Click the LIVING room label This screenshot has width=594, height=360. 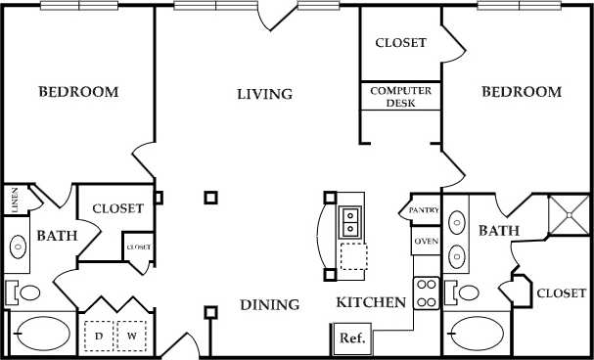coord(265,95)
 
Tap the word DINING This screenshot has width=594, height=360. coord(269,305)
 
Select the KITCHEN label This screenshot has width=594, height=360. coord(371,303)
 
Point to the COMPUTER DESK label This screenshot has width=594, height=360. coord(401,96)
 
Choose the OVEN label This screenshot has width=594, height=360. coord(425,241)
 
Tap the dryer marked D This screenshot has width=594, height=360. coord(99,336)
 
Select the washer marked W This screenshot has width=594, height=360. coord(131,336)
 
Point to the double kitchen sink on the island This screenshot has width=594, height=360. coord(349,223)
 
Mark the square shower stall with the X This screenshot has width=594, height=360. coord(565,213)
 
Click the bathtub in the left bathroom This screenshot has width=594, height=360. coord(38,334)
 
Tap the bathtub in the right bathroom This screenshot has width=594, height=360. coord(477,334)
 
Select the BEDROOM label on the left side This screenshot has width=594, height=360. coord(78,93)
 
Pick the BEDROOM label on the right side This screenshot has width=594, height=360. coord(522,92)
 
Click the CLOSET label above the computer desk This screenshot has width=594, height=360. coord(401,43)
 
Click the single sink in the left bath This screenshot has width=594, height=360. coord(18,247)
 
